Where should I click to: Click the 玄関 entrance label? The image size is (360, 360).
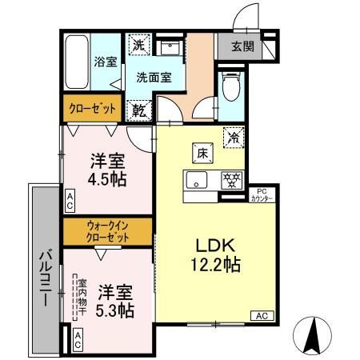pyautogui.click(x=243, y=46)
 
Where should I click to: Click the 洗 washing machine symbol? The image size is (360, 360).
pyautogui.click(x=138, y=46)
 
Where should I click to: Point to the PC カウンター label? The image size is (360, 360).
pyautogui.click(x=264, y=194)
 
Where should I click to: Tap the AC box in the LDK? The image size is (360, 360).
pyautogui.click(x=262, y=315)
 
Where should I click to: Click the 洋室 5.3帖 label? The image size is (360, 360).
pyautogui.click(x=111, y=300)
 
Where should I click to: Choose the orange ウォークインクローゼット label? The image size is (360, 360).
pyautogui.click(x=107, y=231)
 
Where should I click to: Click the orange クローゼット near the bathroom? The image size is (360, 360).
pyautogui.click(x=91, y=107)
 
